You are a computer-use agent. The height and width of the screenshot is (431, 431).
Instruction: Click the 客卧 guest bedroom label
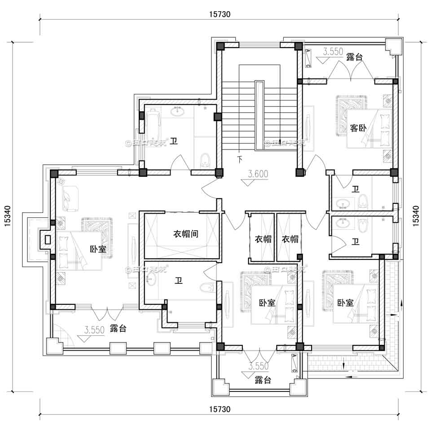358,128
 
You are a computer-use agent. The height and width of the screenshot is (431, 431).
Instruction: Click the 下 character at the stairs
240,159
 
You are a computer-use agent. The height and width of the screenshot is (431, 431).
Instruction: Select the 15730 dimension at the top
220,14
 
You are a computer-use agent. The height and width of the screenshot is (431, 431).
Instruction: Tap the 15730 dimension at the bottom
220,409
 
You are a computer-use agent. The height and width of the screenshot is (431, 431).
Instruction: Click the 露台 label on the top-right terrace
354,57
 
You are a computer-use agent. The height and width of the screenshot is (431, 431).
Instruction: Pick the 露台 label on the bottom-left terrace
118,329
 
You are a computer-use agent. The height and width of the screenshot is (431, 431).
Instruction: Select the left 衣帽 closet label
263,239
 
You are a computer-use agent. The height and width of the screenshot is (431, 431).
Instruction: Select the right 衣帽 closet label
290,239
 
